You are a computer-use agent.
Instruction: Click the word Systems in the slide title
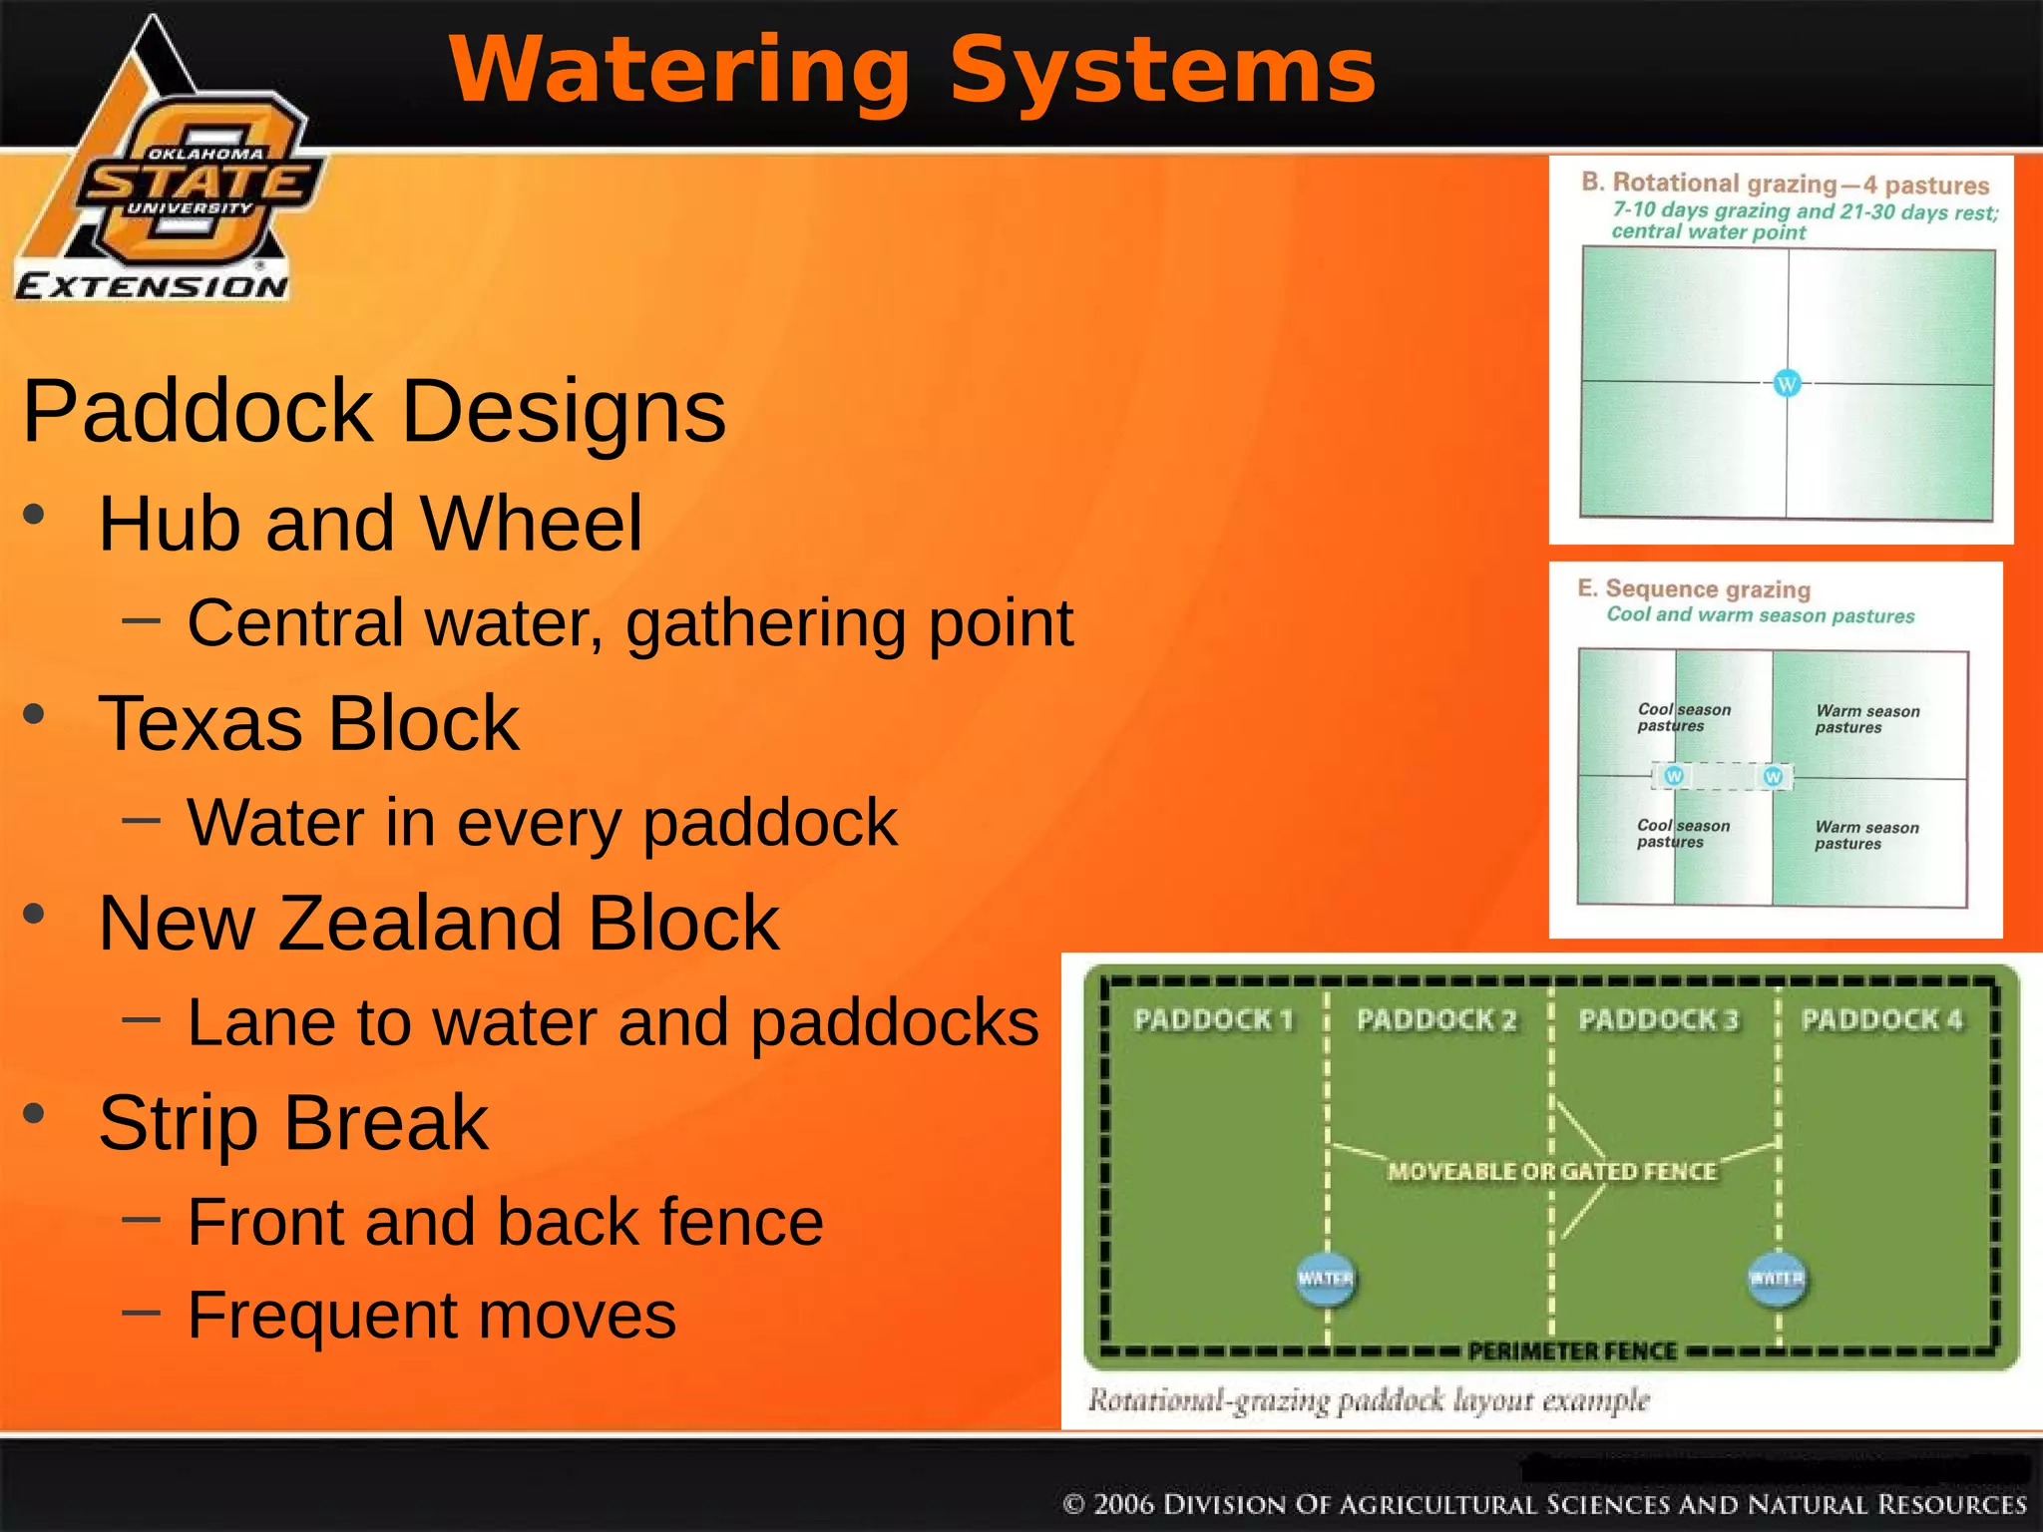pyautogui.click(x=1162, y=70)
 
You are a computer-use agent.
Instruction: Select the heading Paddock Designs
pyautogui.click(x=374, y=411)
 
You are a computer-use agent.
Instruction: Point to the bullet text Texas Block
pyautogui.click(x=308, y=723)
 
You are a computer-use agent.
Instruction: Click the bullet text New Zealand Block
pyautogui.click(x=438, y=923)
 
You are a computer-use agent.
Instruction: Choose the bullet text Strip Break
pyautogui.click(x=293, y=1122)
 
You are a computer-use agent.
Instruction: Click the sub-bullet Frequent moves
pyautogui.click(x=431, y=1315)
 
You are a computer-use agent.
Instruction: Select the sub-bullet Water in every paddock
pyautogui.click(x=542, y=822)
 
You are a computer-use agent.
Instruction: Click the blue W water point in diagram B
pyautogui.click(x=1787, y=383)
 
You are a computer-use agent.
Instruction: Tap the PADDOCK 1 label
pyautogui.click(x=1213, y=1019)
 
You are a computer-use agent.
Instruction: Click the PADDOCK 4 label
pyautogui.click(x=1881, y=1019)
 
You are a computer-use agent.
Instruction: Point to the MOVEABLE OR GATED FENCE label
pyautogui.click(x=1552, y=1171)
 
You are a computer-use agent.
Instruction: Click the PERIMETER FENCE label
pyautogui.click(x=1572, y=1351)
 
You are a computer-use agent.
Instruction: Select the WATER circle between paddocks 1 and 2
pyautogui.click(x=1326, y=1279)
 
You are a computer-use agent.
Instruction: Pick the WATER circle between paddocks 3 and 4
pyautogui.click(x=1777, y=1279)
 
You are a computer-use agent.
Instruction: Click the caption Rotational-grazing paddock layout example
pyautogui.click(x=1369, y=1400)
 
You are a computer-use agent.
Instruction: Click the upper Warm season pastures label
pyautogui.click(x=1866, y=719)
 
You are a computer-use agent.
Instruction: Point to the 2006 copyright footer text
pyautogui.click(x=1544, y=1504)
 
